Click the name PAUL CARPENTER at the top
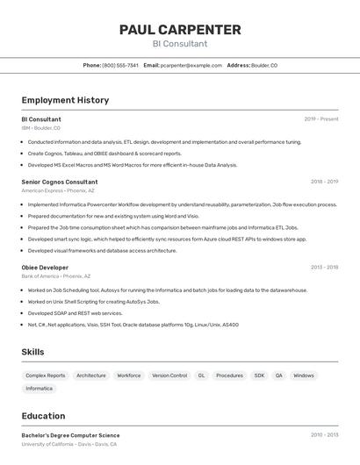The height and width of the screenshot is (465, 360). click(180, 30)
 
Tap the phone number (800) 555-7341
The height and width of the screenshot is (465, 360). click(120, 65)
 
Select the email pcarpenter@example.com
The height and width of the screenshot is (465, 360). click(191, 65)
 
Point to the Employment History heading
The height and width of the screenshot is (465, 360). click(65, 100)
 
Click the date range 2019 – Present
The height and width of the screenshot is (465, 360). click(321, 119)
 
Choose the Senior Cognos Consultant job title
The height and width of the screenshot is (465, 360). click(60, 182)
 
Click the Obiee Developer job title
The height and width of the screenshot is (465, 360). click(45, 268)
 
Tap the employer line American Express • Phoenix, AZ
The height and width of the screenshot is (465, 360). click(58, 190)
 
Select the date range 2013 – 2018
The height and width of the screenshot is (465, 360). click(324, 268)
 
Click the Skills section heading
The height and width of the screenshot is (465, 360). click(33, 352)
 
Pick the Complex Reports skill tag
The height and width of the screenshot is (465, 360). click(46, 376)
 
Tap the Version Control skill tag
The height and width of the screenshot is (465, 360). click(169, 376)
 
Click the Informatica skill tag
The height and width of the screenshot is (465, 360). click(40, 388)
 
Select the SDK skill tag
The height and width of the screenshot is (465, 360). click(259, 376)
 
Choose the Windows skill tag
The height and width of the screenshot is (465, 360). click(304, 376)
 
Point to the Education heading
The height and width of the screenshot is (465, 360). click(43, 416)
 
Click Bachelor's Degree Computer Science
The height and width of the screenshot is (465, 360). click(70, 435)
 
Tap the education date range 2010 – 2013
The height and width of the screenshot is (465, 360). click(324, 435)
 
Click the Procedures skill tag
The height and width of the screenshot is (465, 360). click(230, 376)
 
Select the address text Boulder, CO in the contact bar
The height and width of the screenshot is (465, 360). click(264, 65)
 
